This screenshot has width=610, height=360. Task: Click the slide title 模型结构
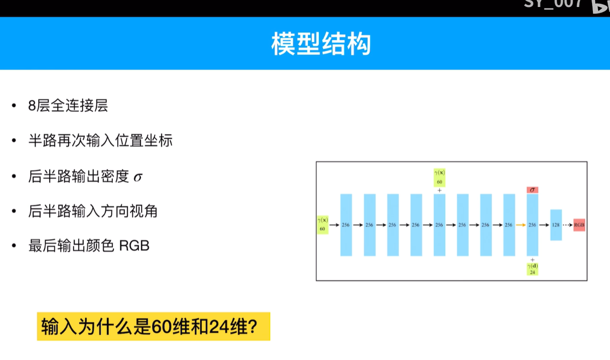click(321, 44)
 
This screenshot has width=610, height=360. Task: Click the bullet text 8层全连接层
click(68, 106)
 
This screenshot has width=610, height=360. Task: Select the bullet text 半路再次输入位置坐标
click(100, 141)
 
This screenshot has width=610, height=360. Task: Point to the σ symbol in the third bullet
click(138, 177)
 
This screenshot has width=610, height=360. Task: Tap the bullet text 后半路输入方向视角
click(93, 211)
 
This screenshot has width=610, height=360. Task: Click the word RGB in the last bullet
click(134, 246)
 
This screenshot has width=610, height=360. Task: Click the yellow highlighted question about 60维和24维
click(153, 327)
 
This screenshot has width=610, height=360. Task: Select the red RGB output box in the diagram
click(579, 225)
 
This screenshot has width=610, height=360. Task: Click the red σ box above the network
click(532, 190)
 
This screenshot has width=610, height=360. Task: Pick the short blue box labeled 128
click(556, 225)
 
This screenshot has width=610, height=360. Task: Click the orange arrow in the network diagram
click(521, 225)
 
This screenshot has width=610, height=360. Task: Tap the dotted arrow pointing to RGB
click(568, 225)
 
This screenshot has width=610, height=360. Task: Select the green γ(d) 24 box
click(532, 269)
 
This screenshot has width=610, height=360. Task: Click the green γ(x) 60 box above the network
click(439, 178)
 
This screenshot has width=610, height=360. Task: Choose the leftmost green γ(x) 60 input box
click(323, 225)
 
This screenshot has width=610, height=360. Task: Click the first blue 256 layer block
click(346, 225)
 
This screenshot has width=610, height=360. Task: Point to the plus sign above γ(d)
click(532, 260)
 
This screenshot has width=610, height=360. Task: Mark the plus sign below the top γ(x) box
click(439, 190)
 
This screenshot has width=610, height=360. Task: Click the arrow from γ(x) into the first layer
click(334, 225)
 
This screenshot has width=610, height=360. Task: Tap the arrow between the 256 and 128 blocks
click(544, 225)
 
